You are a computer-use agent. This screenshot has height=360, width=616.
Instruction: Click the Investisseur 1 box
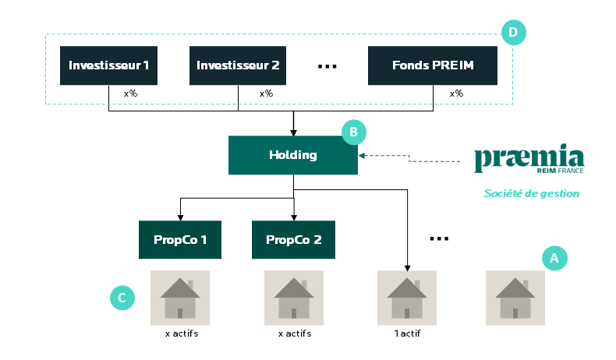pyautogui.click(x=108, y=65)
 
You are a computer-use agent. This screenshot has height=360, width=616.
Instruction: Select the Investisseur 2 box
pyautogui.click(x=237, y=65)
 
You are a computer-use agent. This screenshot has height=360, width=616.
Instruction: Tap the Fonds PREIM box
pyautogui.click(x=432, y=65)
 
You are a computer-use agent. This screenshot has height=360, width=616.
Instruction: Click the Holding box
pyautogui.click(x=292, y=155)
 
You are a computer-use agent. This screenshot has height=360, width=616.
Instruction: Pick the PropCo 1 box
pyautogui.click(x=180, y=239)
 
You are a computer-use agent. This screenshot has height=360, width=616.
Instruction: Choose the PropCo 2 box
pyautogui.click(x=293, y=239)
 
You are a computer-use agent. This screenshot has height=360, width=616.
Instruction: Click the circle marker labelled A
pyautogui.click(x=554, y=258)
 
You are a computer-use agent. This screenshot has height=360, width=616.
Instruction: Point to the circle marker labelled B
pyautogui.click(x=353, y=132)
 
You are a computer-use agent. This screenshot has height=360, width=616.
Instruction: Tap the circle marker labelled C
pyautogui.click(x=122, y=298)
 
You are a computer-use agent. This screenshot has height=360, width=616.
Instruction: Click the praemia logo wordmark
pyautogui.click(x=529, y=158)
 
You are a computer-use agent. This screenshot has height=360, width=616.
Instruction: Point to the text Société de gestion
pyautogui.click(x=531, y=193)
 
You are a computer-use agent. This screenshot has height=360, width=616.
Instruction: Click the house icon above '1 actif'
pyautogui.click(x=406, y=298)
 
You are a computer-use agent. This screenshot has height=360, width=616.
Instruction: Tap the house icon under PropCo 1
pyautogui.click(x=180, y=298)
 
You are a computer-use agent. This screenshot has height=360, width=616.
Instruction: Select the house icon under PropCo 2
pyautogui.click(x=293, y=298)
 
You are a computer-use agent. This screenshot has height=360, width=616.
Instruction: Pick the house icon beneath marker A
pyautogui.click(x=515, y=298)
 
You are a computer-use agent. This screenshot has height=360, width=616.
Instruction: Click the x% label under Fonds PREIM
pyautogui.click(x=456, y=94)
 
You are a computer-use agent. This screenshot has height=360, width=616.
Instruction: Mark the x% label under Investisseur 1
pyautogui.click(x=131, y=94)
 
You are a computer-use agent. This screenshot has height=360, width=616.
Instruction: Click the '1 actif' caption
pyautogui.click(x=406, y=334)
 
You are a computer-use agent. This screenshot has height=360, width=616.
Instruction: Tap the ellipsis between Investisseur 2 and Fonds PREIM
pyautogui.click(x=327, y=66)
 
